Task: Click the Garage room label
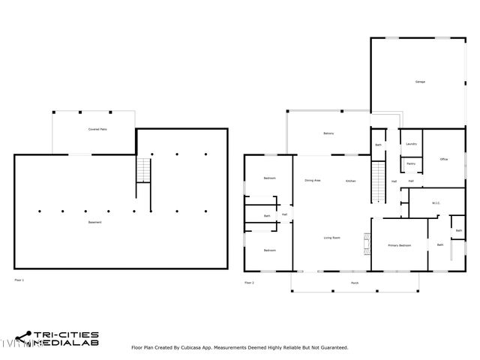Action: tap(420, 82)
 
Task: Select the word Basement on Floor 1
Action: tap(94, 223)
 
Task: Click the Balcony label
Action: tap(328, 134)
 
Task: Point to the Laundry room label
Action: tap(411, 143)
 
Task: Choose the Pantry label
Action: tap(411, 163)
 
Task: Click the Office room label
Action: tap(444, 159)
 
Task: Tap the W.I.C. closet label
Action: tap(436, 202)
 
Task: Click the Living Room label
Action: tap(331, 238)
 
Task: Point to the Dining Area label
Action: tap(313, 181)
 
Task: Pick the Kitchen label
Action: tap(350, 181)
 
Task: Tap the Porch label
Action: tap(354, 283)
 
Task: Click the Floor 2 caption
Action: tap(249, 283)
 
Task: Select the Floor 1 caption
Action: tap(19, 280)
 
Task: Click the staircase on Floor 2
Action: tap(379, 181)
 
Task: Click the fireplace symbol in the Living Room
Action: tap(367, 242)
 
